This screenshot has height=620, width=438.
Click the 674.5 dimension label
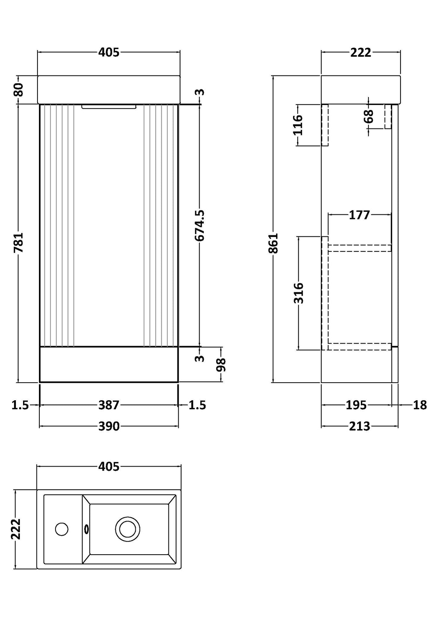[200, 226]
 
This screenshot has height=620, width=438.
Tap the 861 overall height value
[274, 243]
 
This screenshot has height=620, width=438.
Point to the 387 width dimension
[109, 405]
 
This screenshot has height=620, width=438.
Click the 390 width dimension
[109, 426]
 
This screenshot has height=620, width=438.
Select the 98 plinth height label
[221, 364]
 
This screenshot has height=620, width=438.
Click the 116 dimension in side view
[298, 125]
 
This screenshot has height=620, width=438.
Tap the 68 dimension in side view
[369, 116]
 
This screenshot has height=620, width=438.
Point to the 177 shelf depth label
[359, 215]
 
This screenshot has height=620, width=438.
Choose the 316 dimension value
[299, 293]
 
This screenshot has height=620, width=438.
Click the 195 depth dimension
[356, 405]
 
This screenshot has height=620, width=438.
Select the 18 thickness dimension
[420, 405]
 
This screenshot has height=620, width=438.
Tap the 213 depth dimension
[359, 426]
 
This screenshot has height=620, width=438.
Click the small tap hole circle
[62, 529]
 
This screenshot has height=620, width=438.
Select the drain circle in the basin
[128, 529]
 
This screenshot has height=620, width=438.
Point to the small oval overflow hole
[86, 529]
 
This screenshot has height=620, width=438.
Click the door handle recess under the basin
[109, 107]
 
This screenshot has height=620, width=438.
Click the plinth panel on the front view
[109, 364]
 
